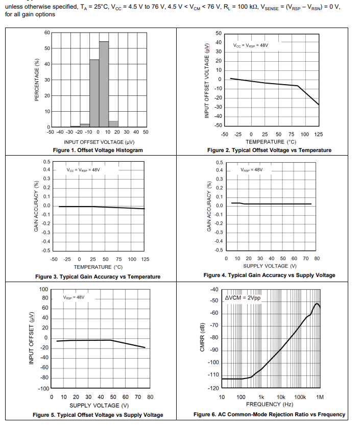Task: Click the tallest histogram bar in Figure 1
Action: (104, 84)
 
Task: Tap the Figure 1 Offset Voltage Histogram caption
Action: (98, 150)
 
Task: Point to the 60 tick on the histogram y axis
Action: (47, 33)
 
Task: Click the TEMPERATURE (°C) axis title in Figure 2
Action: (271, 142)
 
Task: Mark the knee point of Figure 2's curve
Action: (298, 86)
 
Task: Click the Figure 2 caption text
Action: (269, 150)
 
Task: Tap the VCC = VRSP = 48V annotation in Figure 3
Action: (83, 170)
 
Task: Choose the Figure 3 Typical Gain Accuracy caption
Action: (98, 276)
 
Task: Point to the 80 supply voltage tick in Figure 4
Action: (317, 259)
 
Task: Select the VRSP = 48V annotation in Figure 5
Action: (74, 297)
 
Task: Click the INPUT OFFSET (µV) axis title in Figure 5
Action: (32, 339)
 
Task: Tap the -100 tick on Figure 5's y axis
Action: (43, 389)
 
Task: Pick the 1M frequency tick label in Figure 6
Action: (320, 397)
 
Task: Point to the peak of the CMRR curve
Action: (317, 304)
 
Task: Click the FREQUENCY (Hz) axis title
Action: (270, 404)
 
